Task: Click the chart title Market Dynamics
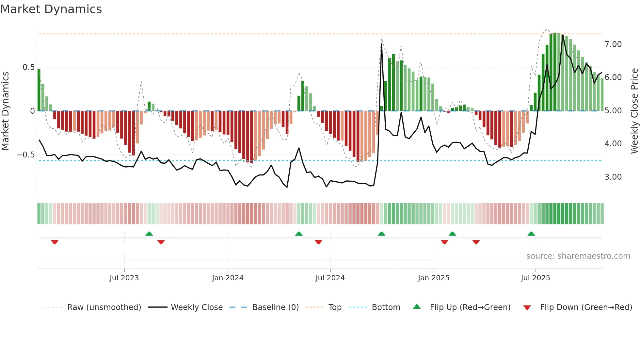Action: tap(51, 9)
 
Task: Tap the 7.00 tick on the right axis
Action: tap(613, 44)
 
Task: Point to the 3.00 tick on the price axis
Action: tap(613, 177)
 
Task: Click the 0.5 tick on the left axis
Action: tap(28, 67)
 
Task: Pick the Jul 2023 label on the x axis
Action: tap(124, 278)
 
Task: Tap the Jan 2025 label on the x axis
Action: tap(433, 278)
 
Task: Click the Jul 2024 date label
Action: tap(330, 278)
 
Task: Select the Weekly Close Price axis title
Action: tap(634, 111)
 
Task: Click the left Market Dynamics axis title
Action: tap(5, 111)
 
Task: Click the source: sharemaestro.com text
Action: tap(578, 256)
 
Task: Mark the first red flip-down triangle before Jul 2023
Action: tap(55, 242)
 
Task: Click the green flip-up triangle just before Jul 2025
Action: tap(531, 234)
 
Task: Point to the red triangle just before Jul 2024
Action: tap(318, 242)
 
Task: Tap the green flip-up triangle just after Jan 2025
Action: tap(452, 234)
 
